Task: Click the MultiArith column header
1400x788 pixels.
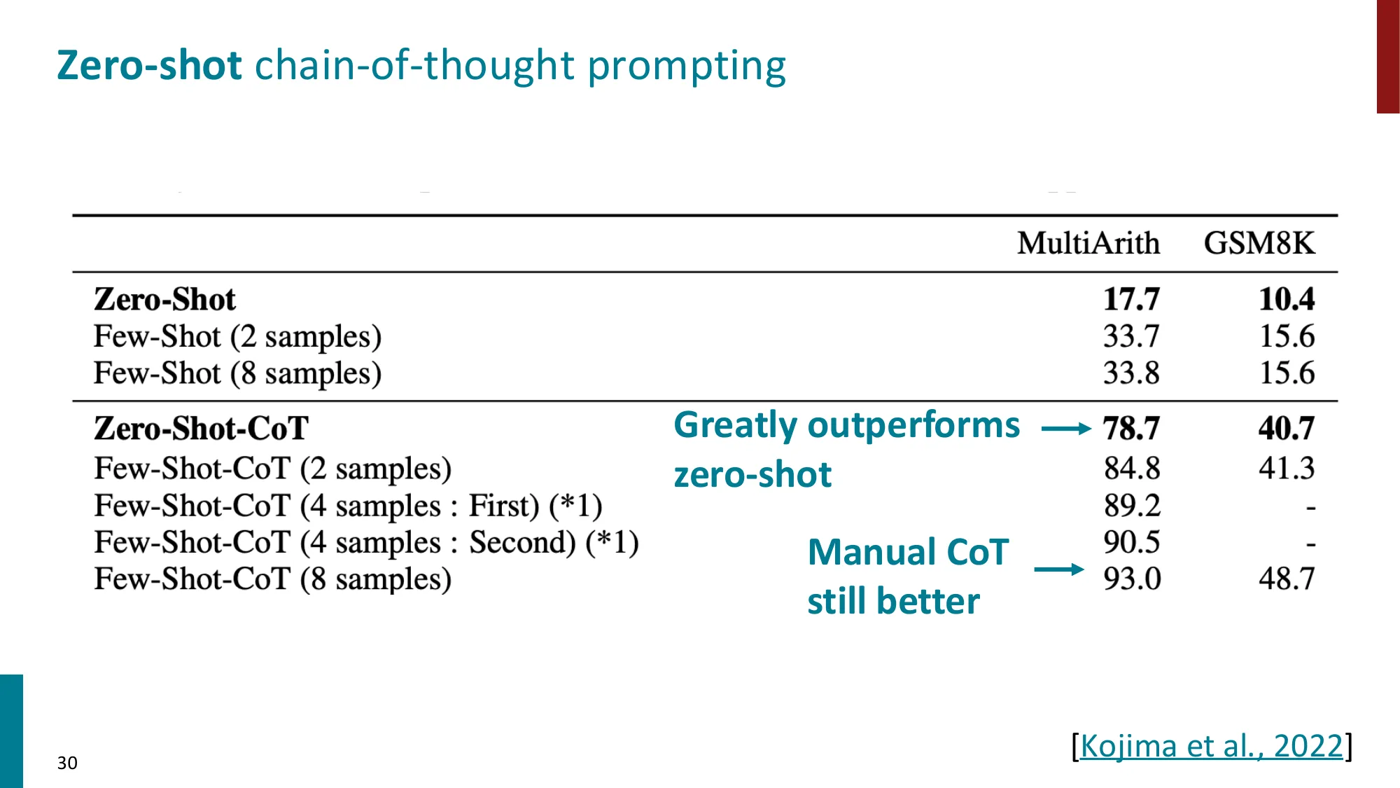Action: point(1088,244)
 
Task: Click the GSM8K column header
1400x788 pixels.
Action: point(1259,244)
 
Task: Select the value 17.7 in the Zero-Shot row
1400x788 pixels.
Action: point(1131,299)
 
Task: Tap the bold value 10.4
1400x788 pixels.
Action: point(1287,299)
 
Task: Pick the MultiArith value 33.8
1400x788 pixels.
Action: point(1131,373)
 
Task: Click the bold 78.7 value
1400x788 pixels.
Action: point(1131,428)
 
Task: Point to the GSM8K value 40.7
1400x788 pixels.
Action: point(1287,428)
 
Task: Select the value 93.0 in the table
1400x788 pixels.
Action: point(1132,579)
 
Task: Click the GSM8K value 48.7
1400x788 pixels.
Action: point(1287,579)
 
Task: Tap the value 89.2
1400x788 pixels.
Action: point(1132,505)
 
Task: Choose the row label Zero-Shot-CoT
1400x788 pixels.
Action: point(201,428)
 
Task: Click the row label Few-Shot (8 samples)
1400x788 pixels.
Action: point(237,373)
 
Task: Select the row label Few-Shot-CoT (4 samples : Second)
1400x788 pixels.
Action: point(366,542)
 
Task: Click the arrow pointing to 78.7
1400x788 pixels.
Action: point(1066,429)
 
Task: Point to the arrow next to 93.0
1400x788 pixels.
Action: point(1059,569)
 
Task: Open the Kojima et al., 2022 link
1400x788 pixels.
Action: point(1212,746)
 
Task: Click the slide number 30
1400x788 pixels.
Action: point(67,763)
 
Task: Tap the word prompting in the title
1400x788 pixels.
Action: point(687,67)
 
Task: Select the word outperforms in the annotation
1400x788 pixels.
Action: point(913,425)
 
